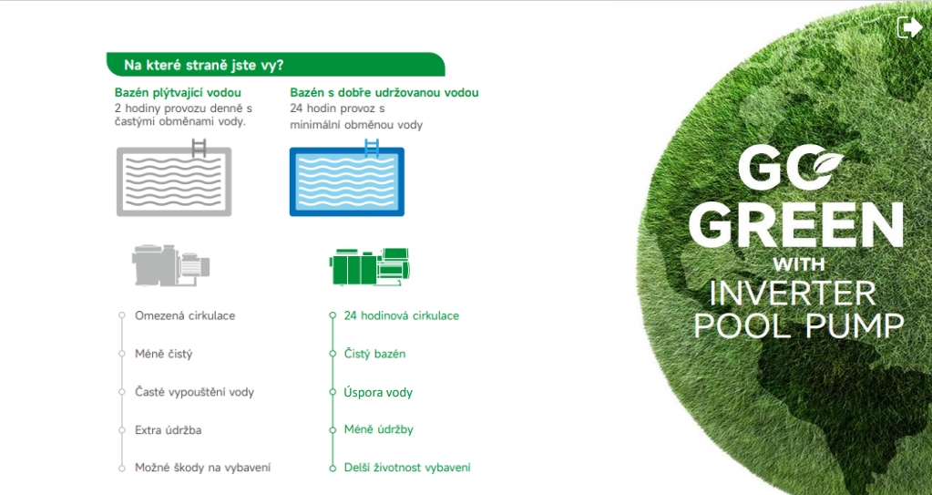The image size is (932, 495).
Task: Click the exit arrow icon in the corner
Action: (909, 27)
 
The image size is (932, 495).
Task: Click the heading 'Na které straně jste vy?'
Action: (204, 65)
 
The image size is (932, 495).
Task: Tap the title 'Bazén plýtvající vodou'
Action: (178, 92)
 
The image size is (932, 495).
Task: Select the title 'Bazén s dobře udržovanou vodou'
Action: (384, 92)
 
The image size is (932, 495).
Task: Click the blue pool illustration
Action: (346, 180)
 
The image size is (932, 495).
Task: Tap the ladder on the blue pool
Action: (372, 148)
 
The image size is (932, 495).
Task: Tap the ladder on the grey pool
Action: (199, 148)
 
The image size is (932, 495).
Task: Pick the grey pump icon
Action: (170, 264)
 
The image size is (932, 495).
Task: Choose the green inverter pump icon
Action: (370, 266)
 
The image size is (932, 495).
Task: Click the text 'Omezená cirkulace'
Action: (185, 315)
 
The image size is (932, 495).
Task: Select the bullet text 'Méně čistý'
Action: (163, 354)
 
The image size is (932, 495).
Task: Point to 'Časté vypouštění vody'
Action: (194, 392)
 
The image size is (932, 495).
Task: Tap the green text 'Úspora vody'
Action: (378, 392)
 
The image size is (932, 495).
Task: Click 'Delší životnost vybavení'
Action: (407, 468)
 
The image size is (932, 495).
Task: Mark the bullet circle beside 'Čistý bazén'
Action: (333, 354)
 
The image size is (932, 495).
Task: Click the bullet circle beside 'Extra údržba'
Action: (122, 429)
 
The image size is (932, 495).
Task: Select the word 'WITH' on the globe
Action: (799, 264)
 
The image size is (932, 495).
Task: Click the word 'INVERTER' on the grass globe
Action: (793, 294)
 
